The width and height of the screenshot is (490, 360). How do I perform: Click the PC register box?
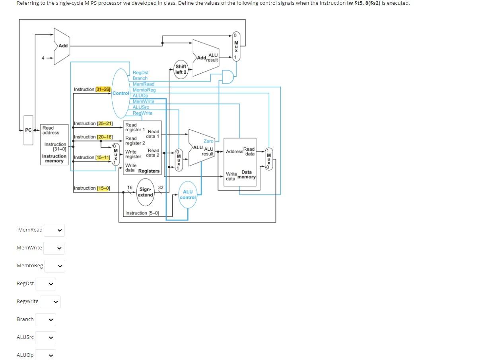coord(28,130)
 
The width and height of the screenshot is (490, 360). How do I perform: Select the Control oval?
coord(121,93)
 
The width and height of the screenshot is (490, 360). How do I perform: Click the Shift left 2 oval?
coord(181,69)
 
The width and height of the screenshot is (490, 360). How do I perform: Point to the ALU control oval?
coord(188,195)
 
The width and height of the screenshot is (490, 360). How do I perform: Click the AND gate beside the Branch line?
coord(227,77)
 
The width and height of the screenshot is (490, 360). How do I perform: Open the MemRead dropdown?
coord(54,230)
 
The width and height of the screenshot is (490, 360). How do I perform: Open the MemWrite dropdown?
coord(54,248)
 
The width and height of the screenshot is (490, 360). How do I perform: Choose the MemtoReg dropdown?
coord(54,266)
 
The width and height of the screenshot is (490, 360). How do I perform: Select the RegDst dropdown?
coord(46,284)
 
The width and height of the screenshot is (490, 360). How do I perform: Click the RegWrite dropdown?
coord(50,302)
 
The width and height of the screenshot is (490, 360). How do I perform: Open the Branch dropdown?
coord(46,319)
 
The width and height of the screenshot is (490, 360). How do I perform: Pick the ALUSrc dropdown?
coord(46,337)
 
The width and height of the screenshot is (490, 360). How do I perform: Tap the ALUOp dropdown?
coord(46,355)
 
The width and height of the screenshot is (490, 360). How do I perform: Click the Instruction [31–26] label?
coord(92,90)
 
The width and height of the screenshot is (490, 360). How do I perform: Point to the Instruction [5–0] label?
coord(142,213)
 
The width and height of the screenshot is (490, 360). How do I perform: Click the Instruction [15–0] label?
coord(92,188)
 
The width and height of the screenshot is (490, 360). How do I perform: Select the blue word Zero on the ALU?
coord(208,141)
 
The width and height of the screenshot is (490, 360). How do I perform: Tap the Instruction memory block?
coord(54,145)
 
